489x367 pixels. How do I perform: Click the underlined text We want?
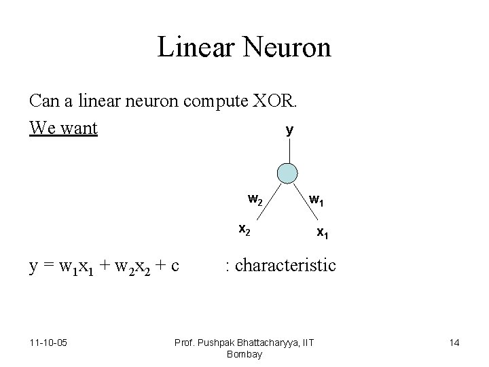click(64, 127)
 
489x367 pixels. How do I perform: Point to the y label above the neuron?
click(289, 130)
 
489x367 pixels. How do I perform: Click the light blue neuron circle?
click(289, 173)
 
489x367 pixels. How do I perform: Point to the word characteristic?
click(285, 264)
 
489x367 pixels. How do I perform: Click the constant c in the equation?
click(175, 264)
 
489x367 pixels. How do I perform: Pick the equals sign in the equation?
click(48, 265)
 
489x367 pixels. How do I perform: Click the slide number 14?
click(454, 342)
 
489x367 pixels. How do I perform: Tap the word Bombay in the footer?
click(244, 354)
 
